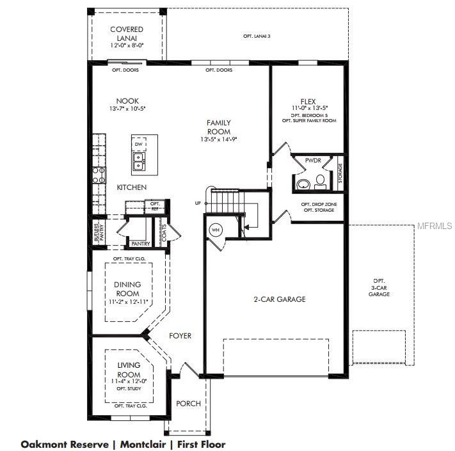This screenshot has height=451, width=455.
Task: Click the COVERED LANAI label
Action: tap(127, 34)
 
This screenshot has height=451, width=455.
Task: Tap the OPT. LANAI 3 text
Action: tap(257, 36)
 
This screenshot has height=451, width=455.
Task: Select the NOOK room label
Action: tap(127, 101)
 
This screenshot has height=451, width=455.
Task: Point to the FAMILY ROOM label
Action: tap(218, 127)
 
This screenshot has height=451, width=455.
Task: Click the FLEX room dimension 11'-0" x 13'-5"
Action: tap(310, 108)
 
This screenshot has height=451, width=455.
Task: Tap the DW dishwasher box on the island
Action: tap(138, 144)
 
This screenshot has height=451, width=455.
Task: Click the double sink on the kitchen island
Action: tap(138, 162)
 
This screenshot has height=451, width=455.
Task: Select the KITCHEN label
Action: tap(132, 187)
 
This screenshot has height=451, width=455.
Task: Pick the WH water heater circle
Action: tap(216, 230)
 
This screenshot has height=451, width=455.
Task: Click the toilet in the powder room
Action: tap(304, 184)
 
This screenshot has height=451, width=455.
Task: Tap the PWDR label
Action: tap(313, 161)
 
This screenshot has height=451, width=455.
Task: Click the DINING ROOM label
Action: tap(127, 289)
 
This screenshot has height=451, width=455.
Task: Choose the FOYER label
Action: tap(180, 336)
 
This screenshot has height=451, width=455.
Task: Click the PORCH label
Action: tap(188, 404)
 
